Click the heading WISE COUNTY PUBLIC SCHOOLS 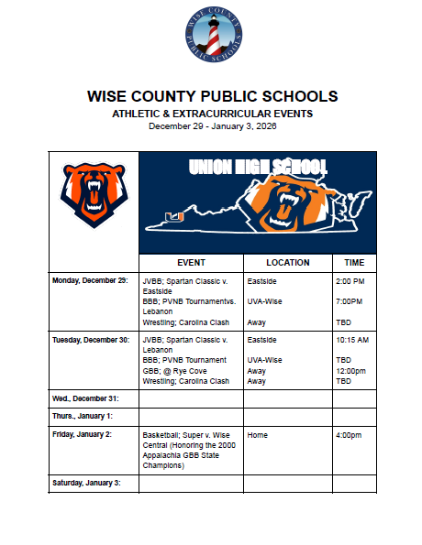point(212,96)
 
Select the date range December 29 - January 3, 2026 point(212,126)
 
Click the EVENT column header point(191,262)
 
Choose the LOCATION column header point(287,262)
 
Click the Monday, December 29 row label point(90,278)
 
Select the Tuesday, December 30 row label point(90,340)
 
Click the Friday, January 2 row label point(84,435)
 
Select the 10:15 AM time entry point(353,340)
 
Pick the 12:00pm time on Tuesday point(351,371)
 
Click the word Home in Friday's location point(258,435)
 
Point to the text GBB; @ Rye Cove point(170,371)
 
